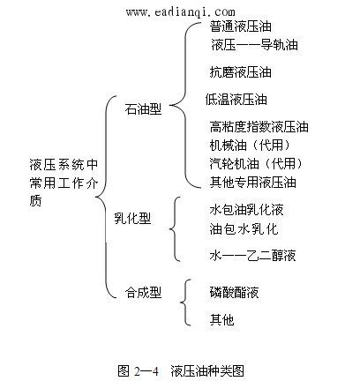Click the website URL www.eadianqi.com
pyautogui.click(x=181, y=12)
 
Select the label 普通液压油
pyautogui.click(x=241, y=26)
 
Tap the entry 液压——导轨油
pyautogui.click(x=254, y=45)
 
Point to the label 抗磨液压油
pyautogui.click(x=241, y=72)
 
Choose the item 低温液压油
pyautogui.click(x=236, y=100)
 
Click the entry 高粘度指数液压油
pyautogui.click(x=259, y=127)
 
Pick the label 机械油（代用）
pyautogui.click(x=251, y=146)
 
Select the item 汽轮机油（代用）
pyautogui.click(x=257, y=164)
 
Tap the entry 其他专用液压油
pyautogui.click(x=252, y=183)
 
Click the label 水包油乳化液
pyautogui.click(x=246, y=210)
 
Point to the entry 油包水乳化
pyautogui.click(x=244, y=229)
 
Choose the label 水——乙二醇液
pyautogui.click(x=252, y=255)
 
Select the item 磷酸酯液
pyautogui.click(x=234, y=293)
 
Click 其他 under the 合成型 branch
pyautogui.click(x=221, y=319)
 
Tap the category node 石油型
pyautogui.click(x=143, y=108)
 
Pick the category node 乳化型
pyautogui.click(x=132, y=219)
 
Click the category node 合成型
pyautogui.click(x=143, y=293)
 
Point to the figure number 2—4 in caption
pyautogui.click(x=146, y=371)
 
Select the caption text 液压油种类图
pyautogui.click(x=207, y=371)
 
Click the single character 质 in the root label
pyautogui.click(x=35, y=201)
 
